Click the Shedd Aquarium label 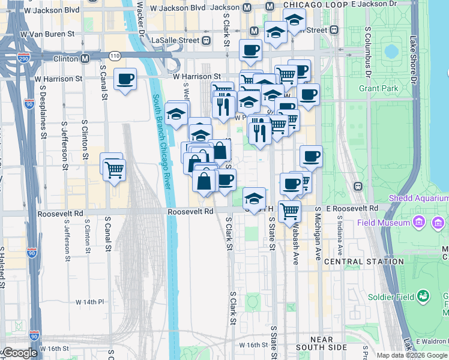click(x=418, y=198)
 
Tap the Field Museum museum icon click(x=420, y=223)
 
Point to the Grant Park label click(x=379, y=88)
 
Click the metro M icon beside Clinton click(x=85, y=58)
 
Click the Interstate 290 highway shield click(x=23, y=57)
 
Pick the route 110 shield click(x=115, y=56)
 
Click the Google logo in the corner click(x=19, y=353)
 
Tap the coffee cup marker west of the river click(x=125, y=79)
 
